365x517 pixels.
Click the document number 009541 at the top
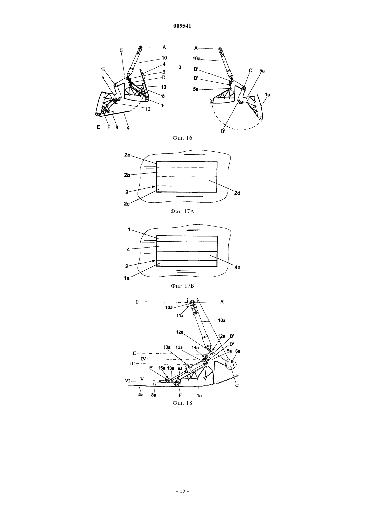[182, 26]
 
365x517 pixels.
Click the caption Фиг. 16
[182, 138]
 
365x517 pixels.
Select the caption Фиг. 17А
[182, 211]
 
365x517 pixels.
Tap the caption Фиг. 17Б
[182, 286]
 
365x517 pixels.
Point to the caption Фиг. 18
[182, 403]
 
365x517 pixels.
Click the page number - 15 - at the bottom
[182, 491]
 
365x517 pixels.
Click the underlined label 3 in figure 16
[180, 68]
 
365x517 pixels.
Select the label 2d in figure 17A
[237, 193]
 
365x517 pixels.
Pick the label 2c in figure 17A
[127, 204]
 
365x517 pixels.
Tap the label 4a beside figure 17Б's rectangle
[237, 268]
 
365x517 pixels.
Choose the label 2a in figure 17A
[127, 155]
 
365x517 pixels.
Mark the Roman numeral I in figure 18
[137, 302]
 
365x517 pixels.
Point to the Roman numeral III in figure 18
[133, 364]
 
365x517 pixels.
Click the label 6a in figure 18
[238, 351]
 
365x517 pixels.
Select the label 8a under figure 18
[154, 395]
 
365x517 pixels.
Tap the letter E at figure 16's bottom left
[98, 127]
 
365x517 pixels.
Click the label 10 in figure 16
[164, 58]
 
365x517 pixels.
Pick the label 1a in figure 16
[267, 95]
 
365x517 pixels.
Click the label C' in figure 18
[237, 385]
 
